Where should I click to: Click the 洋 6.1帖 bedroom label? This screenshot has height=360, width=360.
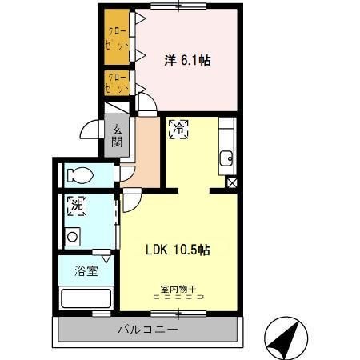(188, 59)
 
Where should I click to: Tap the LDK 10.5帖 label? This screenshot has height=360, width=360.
(178, 250)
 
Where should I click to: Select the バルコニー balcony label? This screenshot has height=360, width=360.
(148, 330)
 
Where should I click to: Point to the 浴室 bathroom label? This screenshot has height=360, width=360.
(86, 270)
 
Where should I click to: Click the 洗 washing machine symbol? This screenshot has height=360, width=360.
(77, 205)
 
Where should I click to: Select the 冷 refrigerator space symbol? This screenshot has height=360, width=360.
(178, 128)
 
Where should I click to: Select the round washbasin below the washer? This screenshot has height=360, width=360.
(72, 237)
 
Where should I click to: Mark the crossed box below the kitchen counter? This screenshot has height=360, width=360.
(231, 183)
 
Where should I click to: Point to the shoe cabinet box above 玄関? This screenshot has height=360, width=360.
(117, 109)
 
